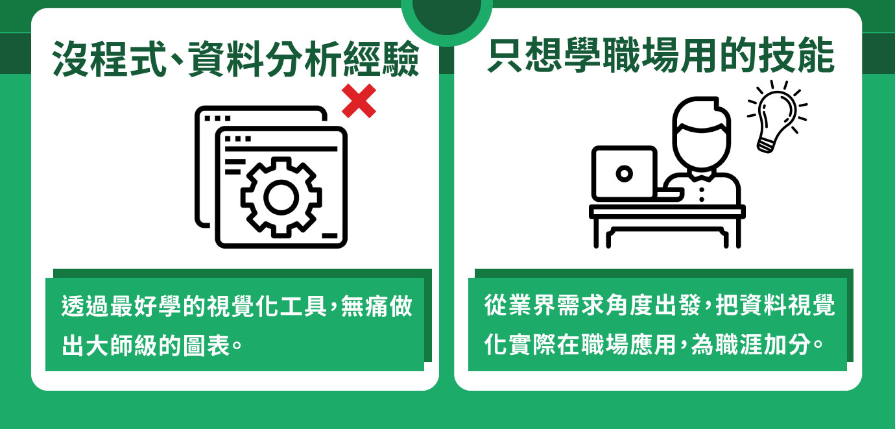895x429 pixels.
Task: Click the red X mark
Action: click(x=359, y=101)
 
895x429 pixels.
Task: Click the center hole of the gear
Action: click(x=281, y=197)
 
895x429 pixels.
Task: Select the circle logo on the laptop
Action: click(x=624, y=173)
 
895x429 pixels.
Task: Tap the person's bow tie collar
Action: click(x=702, y=176)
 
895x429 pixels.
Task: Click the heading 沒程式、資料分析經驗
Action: click(x=235, y=59)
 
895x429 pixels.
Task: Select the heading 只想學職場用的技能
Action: click(x=661, y=55)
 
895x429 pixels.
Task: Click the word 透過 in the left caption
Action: click(x=85, y=306)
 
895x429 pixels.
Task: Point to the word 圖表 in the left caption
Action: click(x=206, y=345)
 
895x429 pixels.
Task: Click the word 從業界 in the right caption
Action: click(x=520, y=305)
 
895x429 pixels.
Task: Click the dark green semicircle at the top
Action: click(x=447, y=16)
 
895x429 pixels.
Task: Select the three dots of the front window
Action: click(x=238, y=139)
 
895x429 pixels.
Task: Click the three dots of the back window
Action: click(x=218, y=118)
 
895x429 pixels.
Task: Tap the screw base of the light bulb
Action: click(x=765, y=145)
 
